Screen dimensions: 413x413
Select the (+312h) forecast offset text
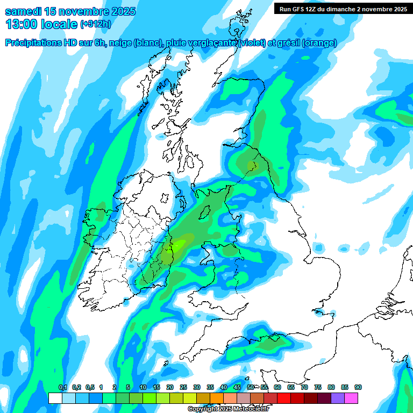coord(95,24)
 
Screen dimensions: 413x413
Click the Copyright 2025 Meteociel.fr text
coord(229,409)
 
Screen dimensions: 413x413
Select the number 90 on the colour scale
coord(358,388)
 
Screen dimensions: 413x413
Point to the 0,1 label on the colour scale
coord(62,388)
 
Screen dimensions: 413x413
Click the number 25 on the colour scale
coord(183,388)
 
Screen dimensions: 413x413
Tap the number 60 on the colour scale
coord(277,388)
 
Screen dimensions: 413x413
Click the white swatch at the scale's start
coord(55,398)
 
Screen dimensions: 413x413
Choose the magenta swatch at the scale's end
coord(352,398)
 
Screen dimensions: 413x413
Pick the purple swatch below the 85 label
coord(338,398)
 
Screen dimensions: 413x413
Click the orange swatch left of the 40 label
coord(217,398)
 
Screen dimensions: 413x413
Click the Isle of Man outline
coord(204,213)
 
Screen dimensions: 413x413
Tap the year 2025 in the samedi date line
coord(122,11)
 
